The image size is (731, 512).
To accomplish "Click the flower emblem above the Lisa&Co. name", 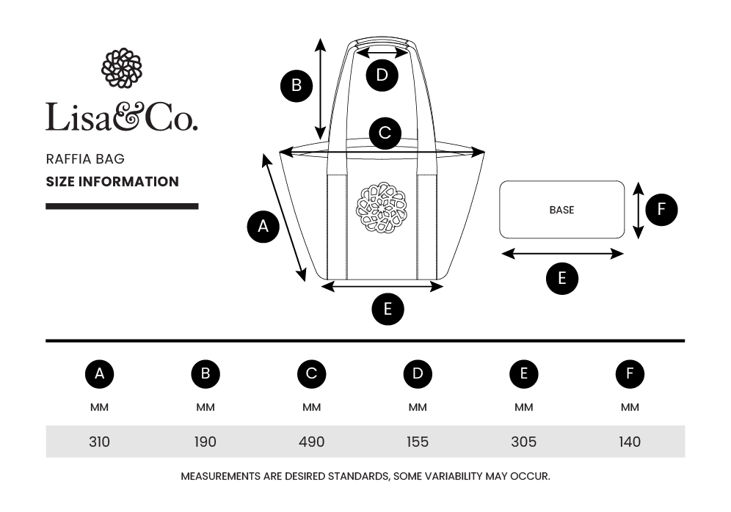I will (x=121, y=68).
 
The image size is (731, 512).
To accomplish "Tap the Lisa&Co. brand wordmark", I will (x=121, y=117).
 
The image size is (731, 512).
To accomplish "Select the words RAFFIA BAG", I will (x=85, y=158).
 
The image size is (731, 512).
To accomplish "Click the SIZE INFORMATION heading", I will (x=112, y=181).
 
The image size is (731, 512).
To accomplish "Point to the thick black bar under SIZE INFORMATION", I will (x=122, y=207).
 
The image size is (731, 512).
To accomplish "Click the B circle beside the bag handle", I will (x=297, y=85).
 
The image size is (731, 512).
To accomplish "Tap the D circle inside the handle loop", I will (x=382, y=75).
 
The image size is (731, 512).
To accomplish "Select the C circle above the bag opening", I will (x=385, y=134).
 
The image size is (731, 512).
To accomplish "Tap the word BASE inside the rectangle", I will (x=561, y=210).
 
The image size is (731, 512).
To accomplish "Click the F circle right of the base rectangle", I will (x=661, y=210).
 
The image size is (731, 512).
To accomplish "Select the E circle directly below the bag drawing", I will (x=388, y=309).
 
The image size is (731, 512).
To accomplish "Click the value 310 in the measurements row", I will (x=99, y=442).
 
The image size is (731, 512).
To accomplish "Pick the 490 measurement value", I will (x=311, y=442).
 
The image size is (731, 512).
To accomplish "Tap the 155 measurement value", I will (x=418, y=442).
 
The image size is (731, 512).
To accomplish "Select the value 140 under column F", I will (x=630, y=442).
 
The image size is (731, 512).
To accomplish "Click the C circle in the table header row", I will (x=311, y=374).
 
